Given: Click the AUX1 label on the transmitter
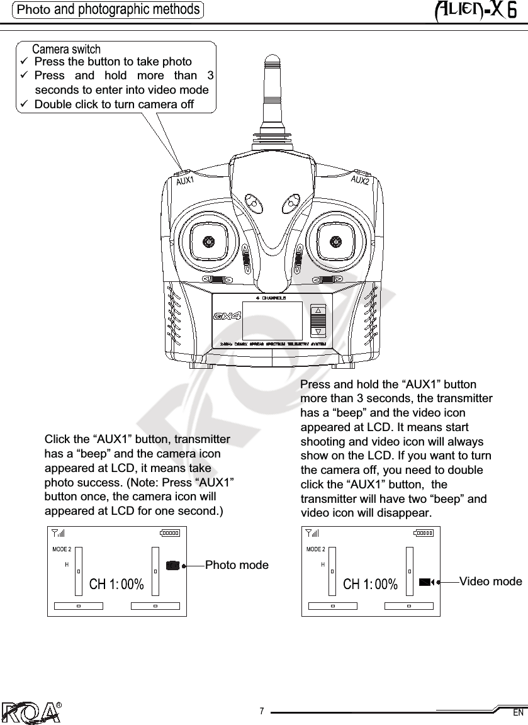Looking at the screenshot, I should (184, 182).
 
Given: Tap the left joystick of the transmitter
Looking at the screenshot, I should (208, 240).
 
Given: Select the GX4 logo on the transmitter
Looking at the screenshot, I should (227, 315).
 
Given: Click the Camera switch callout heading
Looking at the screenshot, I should (66, 49).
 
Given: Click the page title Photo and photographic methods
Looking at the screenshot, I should (109, 9).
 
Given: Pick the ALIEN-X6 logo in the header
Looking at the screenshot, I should (476, 11).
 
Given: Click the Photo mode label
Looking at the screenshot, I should (237, 565).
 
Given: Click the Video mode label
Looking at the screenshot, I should (490, 581).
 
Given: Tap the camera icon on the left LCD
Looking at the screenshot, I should (173, 565).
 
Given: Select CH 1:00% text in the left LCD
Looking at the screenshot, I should (117, 584).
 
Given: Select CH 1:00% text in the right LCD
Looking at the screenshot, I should (371, 585).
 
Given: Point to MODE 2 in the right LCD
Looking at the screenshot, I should (315, 549).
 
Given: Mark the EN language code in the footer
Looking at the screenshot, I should (518, 713).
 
